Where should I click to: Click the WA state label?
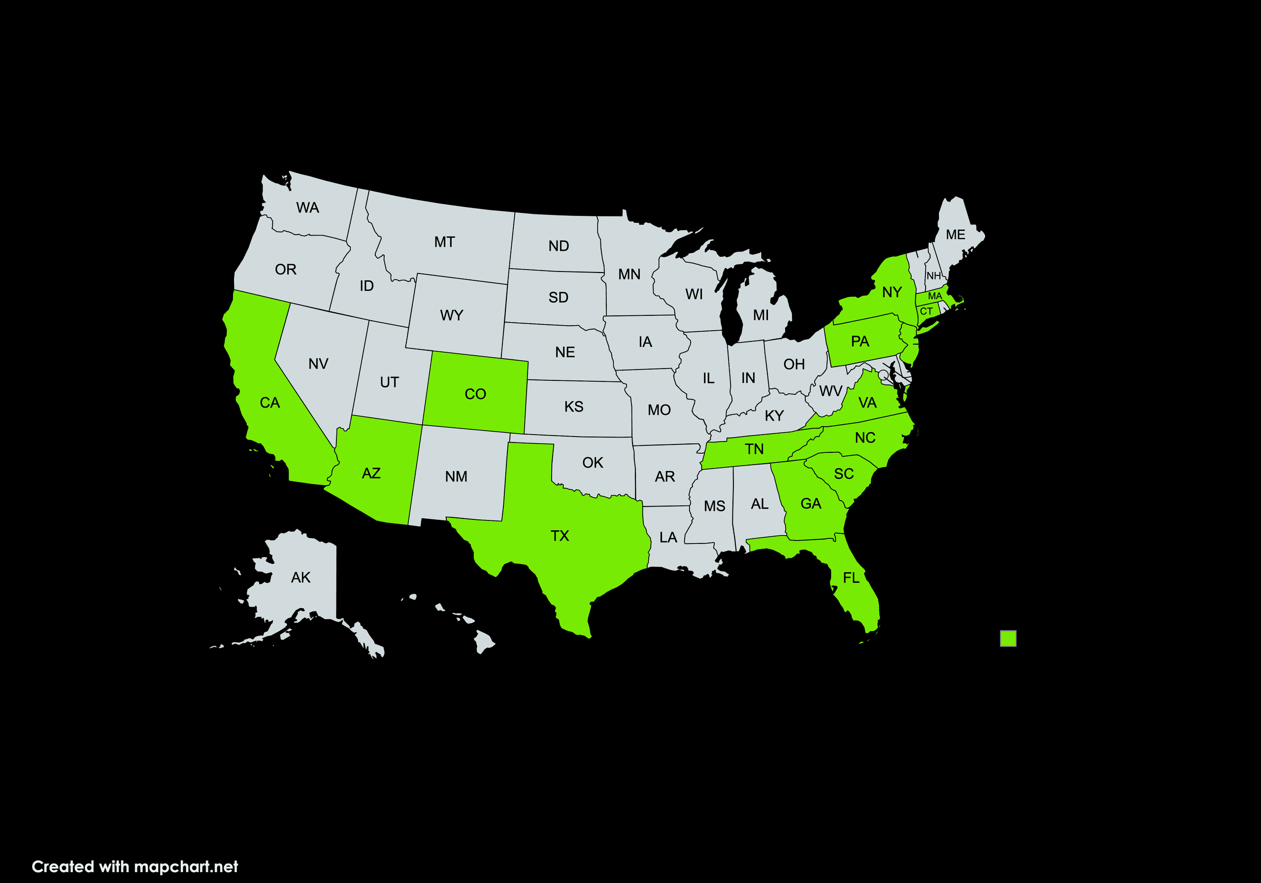point(307,208)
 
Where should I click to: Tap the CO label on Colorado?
point(475,394)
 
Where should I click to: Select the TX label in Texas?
point(560,536)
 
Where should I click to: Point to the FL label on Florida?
point(851,577)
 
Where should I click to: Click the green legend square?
point(1008,638)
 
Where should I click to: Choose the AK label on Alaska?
point(300,577)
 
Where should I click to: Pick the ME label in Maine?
point(955,235)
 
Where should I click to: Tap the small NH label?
point(933,276)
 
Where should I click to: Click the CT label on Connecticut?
point(926,311)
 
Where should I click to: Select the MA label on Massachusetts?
point(935,296)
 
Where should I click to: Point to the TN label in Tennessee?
point(754,449)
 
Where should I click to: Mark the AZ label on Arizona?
point(371,473)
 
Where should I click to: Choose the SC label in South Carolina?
point(844,474)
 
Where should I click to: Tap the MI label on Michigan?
point(761,315)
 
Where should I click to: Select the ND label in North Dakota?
point(559,245)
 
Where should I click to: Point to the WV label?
point(830,391)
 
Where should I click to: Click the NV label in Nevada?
point(318,364)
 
